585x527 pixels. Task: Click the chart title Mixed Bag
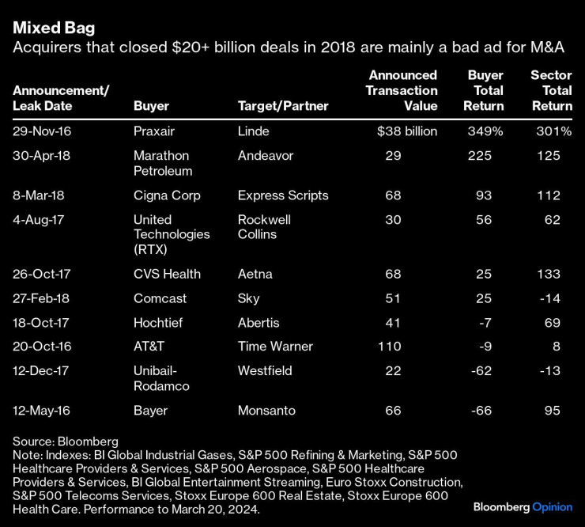pyautogui.click(x=54, y=28)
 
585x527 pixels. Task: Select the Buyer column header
pyautogui.click(x=151, y=106)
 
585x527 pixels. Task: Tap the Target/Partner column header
pyautogui.click(x=283, y=106)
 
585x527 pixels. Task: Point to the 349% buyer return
pyautogui.click(x=486, y=131)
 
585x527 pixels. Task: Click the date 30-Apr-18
pyautogui.click(x=42, y=156)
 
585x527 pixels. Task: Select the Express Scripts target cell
pyautogui.click(x=283, y=195)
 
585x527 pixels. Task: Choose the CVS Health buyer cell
pyautogui.click(x=168, y=274)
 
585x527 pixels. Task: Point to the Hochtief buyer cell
pyautogui.click(x=157, y=323)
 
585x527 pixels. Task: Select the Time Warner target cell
pyautogui.click(x=275, y=347)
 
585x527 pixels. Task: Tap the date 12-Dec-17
pyautogui.click(x=42, y=371)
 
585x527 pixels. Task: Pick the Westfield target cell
pyautogui.click(x=265, y=371)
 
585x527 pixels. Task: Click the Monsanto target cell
pyautogui.click(x=266, y=411)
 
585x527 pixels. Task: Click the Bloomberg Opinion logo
pyautogui.click(x=523, y=506)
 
